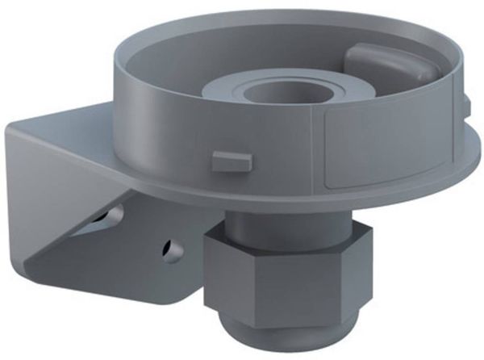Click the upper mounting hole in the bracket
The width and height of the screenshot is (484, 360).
tap(113, 216)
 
